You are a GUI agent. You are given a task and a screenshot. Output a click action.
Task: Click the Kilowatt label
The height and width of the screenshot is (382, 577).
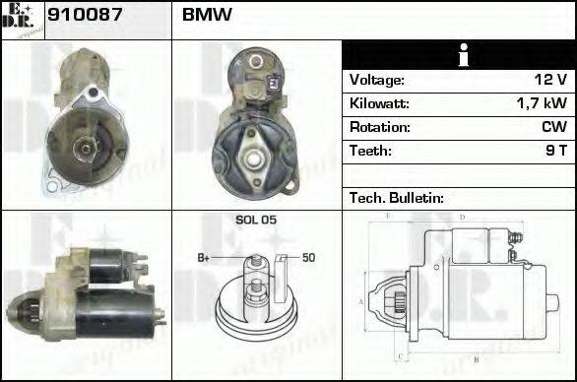[x=379, y=103]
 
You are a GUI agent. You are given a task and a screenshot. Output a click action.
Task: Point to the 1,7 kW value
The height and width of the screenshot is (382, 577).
[x=542, y=103]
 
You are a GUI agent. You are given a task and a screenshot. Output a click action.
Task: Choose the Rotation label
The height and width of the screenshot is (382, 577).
[x=378, y=127]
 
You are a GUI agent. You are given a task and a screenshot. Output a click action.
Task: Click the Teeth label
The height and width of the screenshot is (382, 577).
[x=370, y=151]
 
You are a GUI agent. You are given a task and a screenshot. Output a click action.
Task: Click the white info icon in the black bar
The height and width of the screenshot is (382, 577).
[x=458, y=56]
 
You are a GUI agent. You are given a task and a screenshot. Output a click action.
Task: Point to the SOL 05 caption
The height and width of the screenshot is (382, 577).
[x=256, y=221]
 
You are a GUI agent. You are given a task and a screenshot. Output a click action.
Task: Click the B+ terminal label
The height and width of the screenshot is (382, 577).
[x=204, y=258]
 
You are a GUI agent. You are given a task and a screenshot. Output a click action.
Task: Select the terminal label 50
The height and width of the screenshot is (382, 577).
[x=308, y=258]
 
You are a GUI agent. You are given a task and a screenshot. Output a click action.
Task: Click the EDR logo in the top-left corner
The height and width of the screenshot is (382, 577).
[x=22, y=19]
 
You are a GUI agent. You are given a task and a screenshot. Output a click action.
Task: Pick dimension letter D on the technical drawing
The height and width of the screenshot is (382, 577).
[x=462, y=216]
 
